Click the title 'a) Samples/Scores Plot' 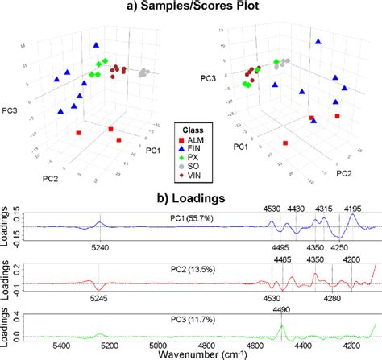pos(191,7)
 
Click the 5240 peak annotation pos(98,250)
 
